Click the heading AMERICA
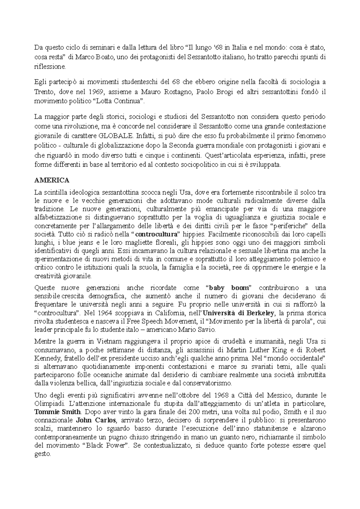(52, 180)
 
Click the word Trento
(43, 92)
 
